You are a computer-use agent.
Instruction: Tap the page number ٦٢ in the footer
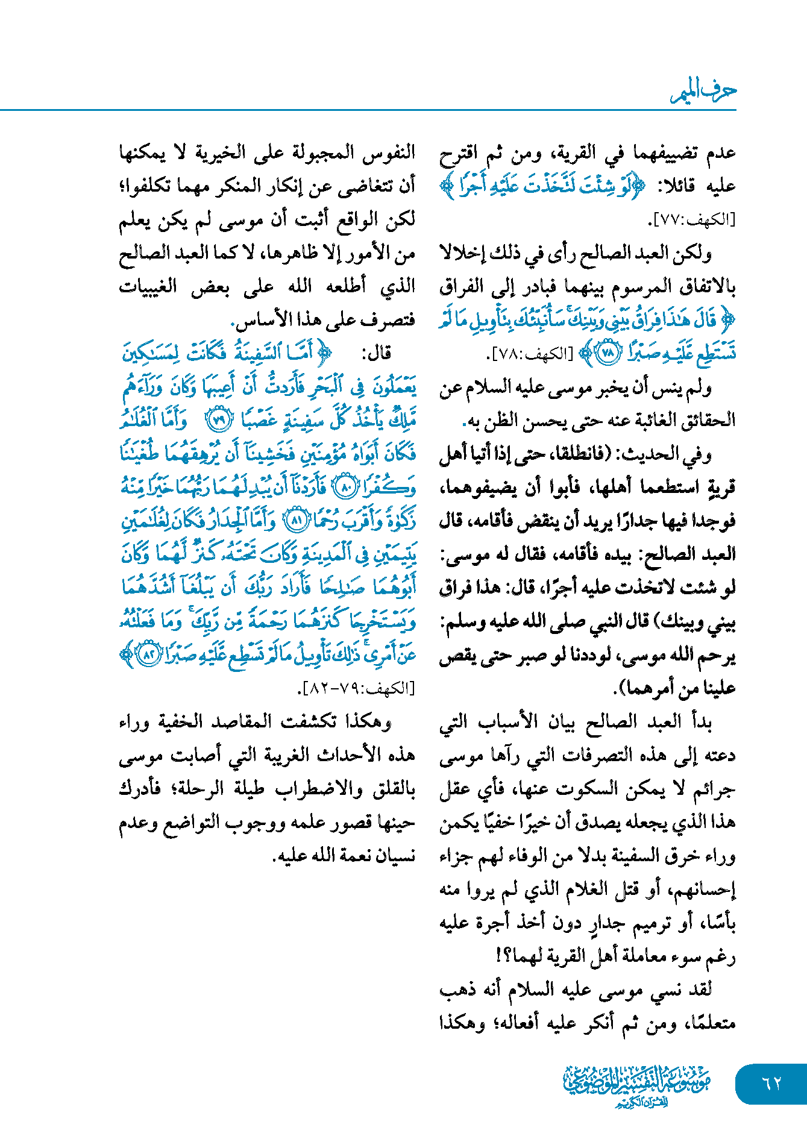771,1083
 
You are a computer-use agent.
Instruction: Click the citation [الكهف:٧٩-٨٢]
359,688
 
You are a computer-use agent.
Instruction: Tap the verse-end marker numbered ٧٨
607,353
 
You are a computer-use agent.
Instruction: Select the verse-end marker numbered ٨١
295,520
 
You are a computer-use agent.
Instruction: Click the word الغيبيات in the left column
148,287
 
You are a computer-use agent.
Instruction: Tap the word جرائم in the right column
714,789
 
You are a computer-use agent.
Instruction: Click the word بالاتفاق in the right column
707,287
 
